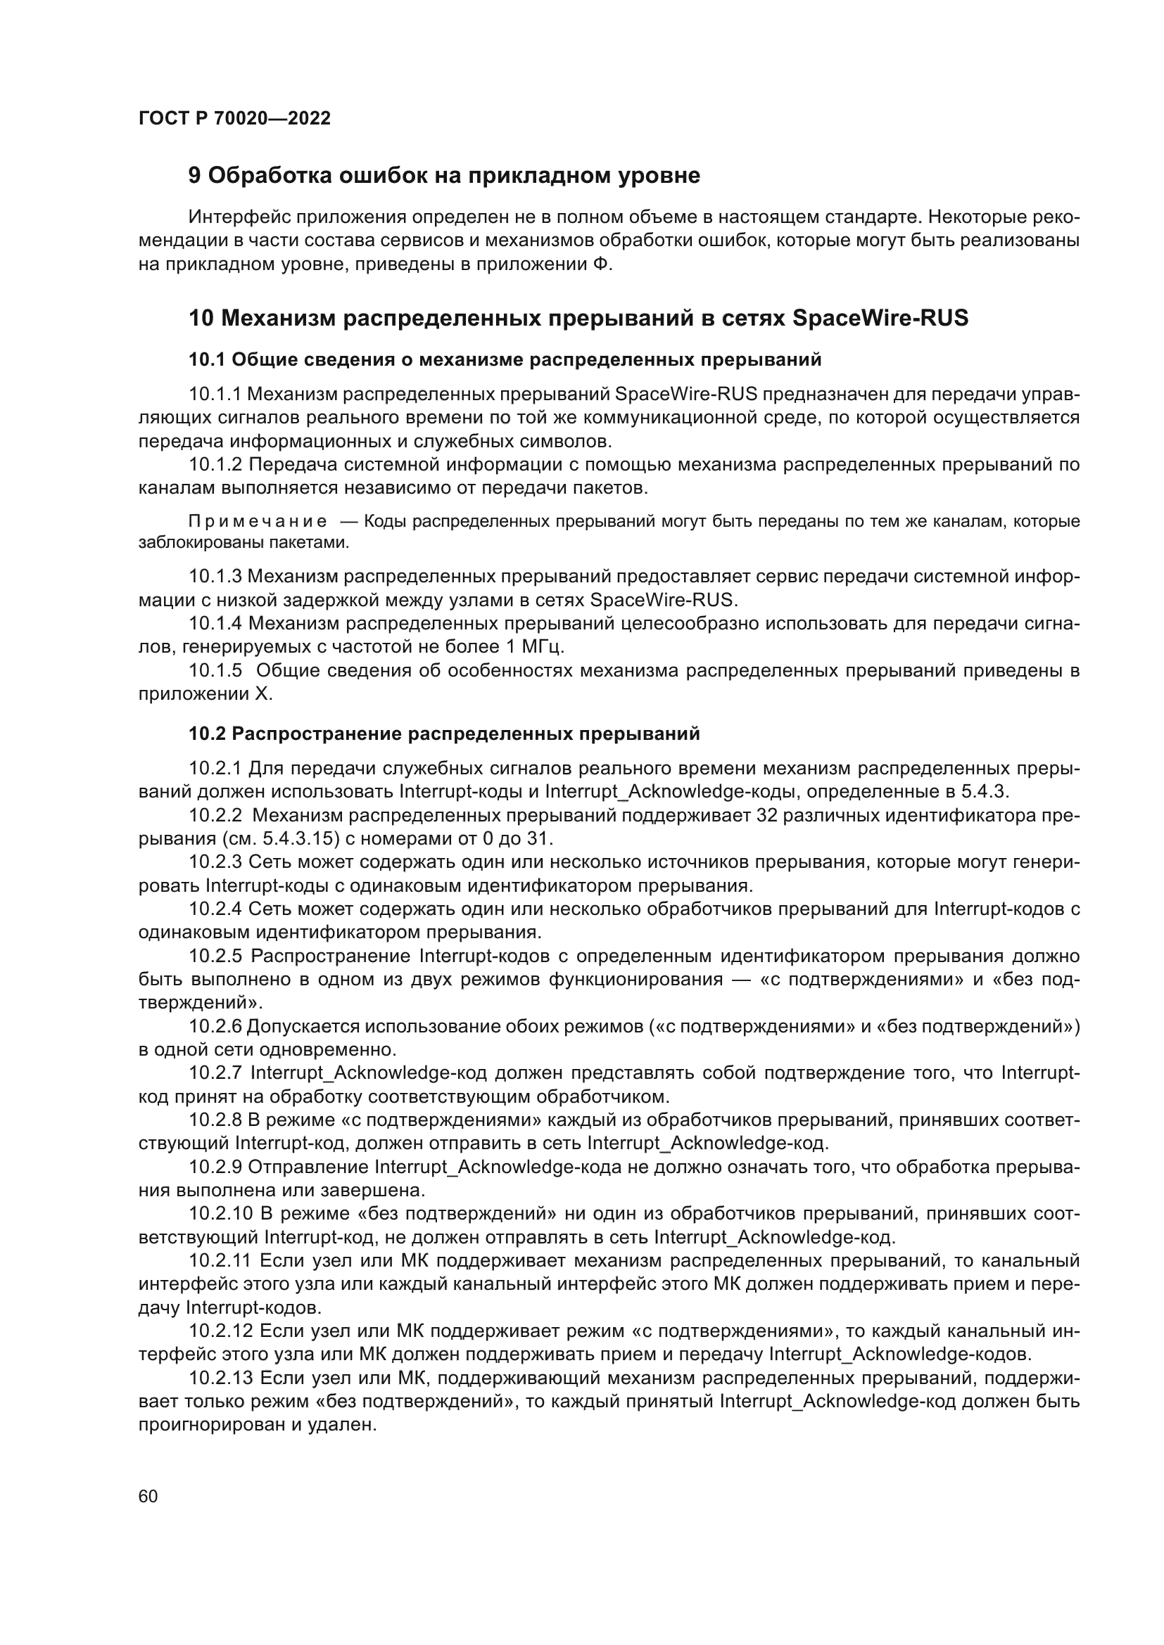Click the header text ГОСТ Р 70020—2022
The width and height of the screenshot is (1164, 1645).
[x=234, y=119]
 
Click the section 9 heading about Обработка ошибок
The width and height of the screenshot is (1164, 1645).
[x=443, y=176]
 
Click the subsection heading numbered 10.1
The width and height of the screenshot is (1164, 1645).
[x=505, y=359]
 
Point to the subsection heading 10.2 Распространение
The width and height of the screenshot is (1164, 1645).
[x=443, y=734]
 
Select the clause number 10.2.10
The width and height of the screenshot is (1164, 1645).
[x=220, y=1214]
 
